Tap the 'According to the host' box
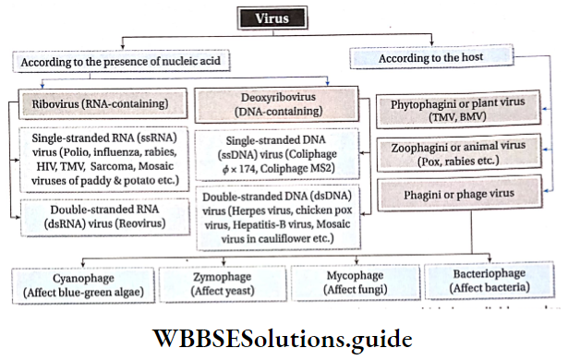[430, 58]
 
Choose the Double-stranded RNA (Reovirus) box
[103, 217]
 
